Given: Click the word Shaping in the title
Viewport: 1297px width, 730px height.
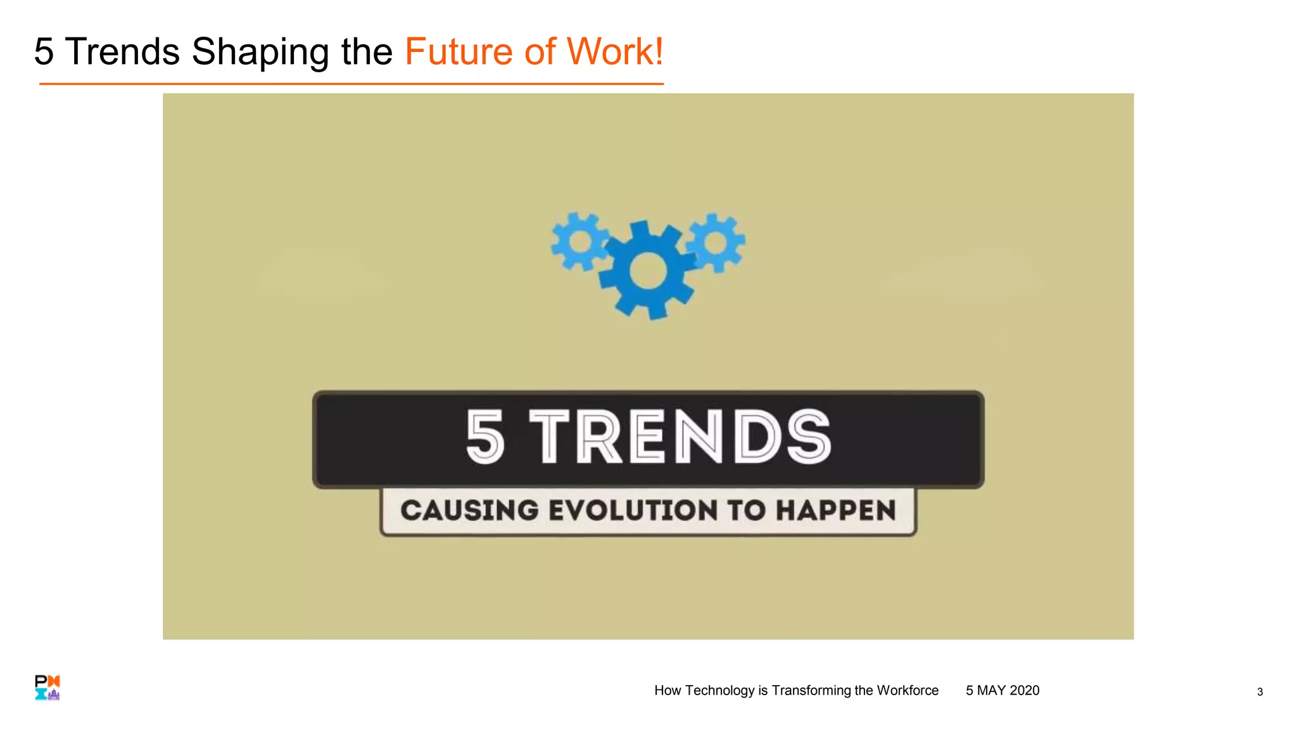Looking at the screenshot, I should [260, 52].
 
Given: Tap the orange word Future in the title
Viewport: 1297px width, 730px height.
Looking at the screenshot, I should [458, 52].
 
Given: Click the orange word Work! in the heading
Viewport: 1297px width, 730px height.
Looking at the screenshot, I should [614, 52].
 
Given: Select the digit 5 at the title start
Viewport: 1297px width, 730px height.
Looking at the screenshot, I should [44, 52].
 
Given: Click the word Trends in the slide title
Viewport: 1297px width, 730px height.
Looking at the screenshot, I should [122, 52].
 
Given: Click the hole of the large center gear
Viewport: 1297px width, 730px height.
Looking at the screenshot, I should [648, 271].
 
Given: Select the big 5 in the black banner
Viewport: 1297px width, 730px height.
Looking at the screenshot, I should [485, 437].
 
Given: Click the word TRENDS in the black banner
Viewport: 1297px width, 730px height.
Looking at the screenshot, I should [681, 437].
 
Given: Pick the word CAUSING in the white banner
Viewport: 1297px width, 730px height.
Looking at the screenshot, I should [469, 511].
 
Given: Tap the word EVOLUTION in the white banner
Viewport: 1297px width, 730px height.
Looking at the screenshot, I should [633, 511].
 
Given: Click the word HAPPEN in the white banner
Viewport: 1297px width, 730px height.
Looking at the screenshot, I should [836, 511].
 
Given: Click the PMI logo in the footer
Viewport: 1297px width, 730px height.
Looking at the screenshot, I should [47, 688].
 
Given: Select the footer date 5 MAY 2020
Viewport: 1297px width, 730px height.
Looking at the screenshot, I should [1003, 691].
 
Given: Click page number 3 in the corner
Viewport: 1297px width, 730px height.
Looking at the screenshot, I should [1260, 692].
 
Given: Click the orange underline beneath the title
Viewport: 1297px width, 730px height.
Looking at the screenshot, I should [351, 84].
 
